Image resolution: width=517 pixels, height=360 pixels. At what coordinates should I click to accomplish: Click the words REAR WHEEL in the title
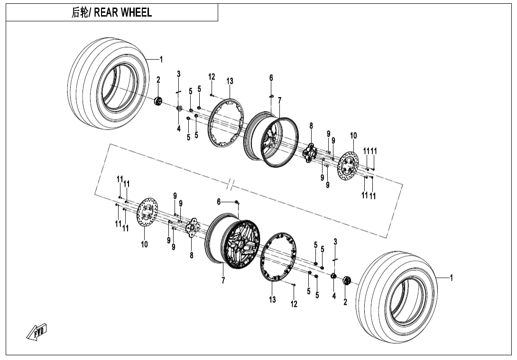[123, 13]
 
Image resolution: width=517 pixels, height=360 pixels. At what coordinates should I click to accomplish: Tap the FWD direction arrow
[37, 332]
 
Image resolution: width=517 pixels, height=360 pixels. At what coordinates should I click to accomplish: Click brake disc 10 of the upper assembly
[349, 166]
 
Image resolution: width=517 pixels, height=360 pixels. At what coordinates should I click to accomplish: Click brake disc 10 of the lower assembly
[146, 216]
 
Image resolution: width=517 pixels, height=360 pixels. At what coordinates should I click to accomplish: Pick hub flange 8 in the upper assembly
[311, 152]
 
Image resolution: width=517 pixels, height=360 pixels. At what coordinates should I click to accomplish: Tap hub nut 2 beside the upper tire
[159, 101]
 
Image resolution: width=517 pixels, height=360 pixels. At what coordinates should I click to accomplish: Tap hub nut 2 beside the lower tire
[346, 281]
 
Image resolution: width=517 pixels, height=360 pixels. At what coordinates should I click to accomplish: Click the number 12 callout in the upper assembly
[212, 77]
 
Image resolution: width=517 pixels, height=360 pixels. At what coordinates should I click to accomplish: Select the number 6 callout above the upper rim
[271, 78]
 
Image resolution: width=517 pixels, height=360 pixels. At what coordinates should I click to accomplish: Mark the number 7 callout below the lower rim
[223, 281]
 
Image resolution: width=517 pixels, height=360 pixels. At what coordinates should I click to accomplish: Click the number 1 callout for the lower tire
[451, 278]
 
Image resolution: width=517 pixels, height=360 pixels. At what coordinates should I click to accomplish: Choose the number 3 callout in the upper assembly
[179, 74]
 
